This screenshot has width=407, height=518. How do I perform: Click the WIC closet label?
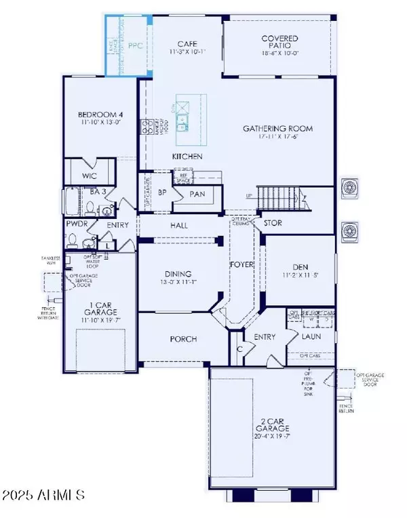(89, 175)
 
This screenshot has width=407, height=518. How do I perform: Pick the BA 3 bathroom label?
(98, 192)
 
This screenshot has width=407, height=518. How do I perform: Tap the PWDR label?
(75, 224)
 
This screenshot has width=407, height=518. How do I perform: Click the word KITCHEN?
(187, 157)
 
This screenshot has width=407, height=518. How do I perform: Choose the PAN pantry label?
(197, 194)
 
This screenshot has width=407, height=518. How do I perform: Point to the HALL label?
(179, 225)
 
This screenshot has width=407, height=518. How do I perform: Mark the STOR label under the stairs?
(273, 222)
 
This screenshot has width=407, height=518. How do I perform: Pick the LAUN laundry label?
(311, 335)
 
